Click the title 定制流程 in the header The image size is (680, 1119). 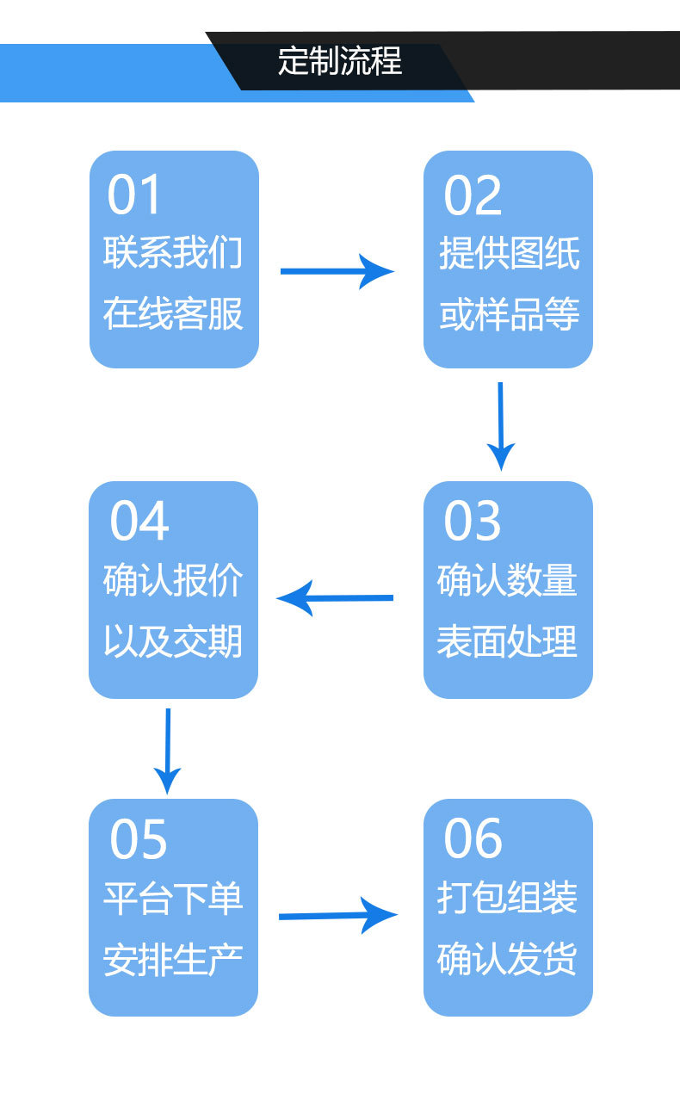(340, 62)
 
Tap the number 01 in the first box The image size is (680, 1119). (134, 195)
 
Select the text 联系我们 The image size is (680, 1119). (173, 254)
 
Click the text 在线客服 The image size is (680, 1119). (173, 313)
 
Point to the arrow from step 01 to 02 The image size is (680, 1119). (337, 272)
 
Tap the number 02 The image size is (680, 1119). (472, 195)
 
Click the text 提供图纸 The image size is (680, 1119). (509, 254)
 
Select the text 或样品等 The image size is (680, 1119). (509, 313)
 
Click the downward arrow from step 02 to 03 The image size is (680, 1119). (500, 425)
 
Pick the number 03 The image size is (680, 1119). (472, 522)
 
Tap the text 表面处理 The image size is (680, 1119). (507, 641)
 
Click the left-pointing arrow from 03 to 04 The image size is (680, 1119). (335, 597)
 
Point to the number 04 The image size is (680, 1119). (139, 522)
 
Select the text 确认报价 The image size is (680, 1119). (173, 581)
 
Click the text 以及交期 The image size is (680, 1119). (173, 641)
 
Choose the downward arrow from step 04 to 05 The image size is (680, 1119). (167, 751)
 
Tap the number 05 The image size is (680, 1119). (139, 839)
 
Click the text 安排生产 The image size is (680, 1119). (173, 959)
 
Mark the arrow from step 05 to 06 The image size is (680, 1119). (337, 916)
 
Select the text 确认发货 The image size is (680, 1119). (507, 959)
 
